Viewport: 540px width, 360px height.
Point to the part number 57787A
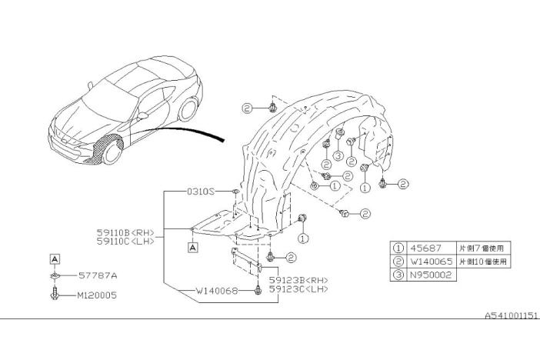[x=97, y=275]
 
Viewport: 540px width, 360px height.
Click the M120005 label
[x=97, y=295]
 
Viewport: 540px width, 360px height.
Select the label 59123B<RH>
[x=302, y=279]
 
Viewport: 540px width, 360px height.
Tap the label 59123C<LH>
[x=302, y=289]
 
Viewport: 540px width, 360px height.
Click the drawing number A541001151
[x=511, y=316]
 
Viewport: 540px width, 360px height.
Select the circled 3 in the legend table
[x=398, y=274]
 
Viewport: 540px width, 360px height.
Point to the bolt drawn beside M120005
[x=56, y=294]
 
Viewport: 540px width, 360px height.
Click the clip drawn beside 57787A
[x=56, y=275]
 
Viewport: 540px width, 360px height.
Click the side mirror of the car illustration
[x=143, y=115]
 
